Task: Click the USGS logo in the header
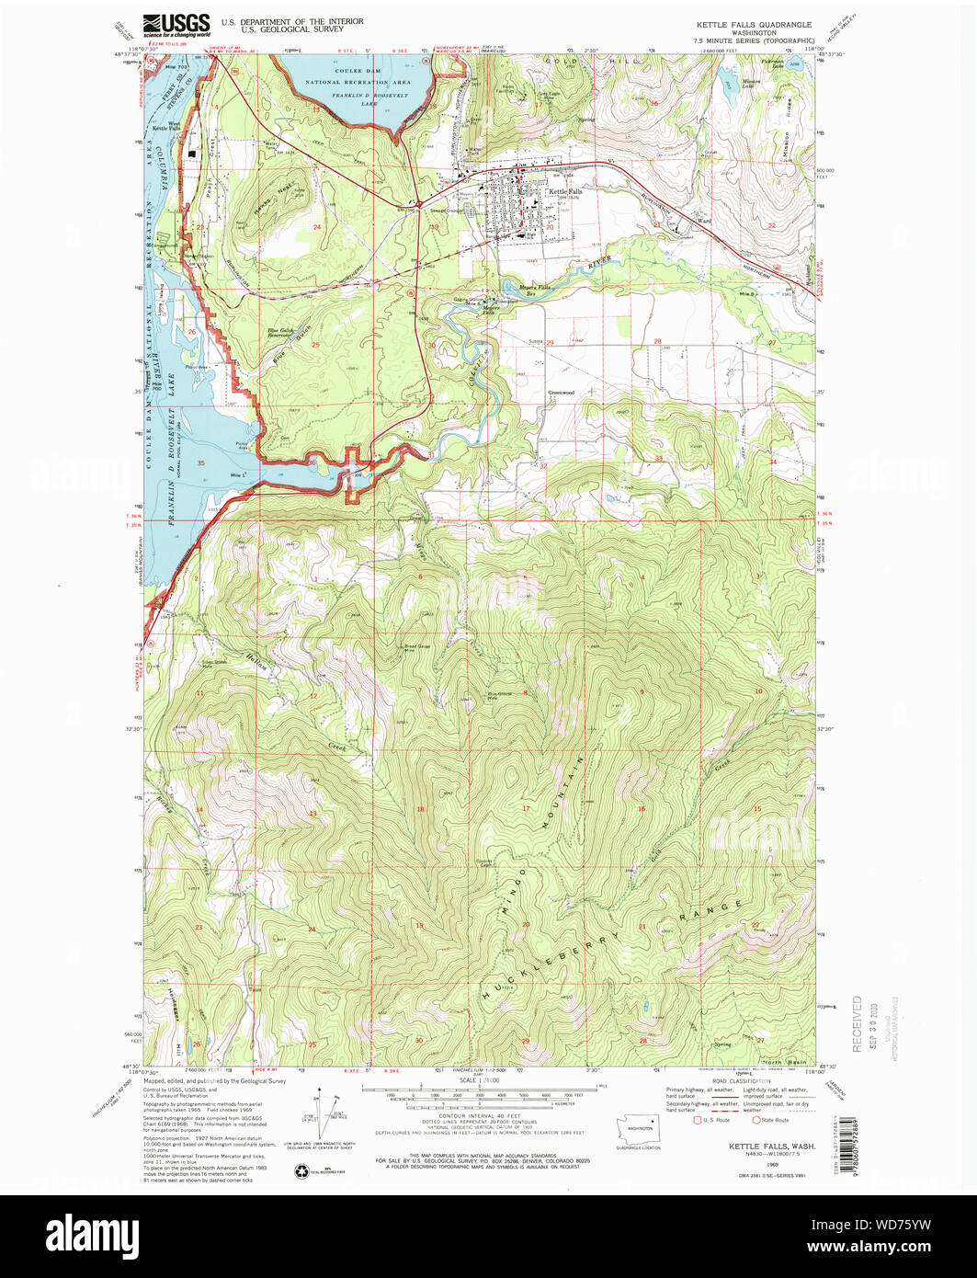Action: point(176,24)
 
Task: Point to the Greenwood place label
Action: point(561,393)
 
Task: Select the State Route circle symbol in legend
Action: point(756,1120)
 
